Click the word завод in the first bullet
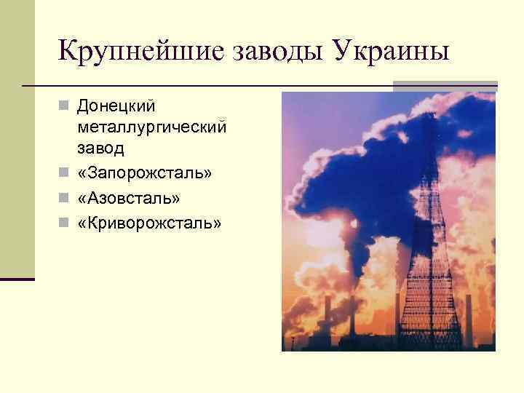pos(99,148)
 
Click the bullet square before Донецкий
pos(64,107)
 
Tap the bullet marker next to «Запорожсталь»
pos(64,175)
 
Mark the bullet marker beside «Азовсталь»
pos(64,199)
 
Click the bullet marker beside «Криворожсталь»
pos(64,223)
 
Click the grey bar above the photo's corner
pos(445,84)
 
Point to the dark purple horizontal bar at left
pos(17,279)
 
